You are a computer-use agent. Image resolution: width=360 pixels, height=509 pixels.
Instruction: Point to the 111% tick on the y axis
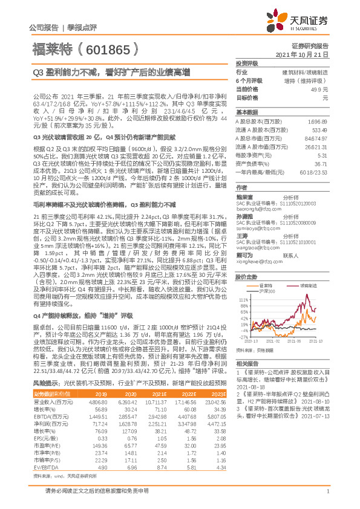[x=244, y=299]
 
